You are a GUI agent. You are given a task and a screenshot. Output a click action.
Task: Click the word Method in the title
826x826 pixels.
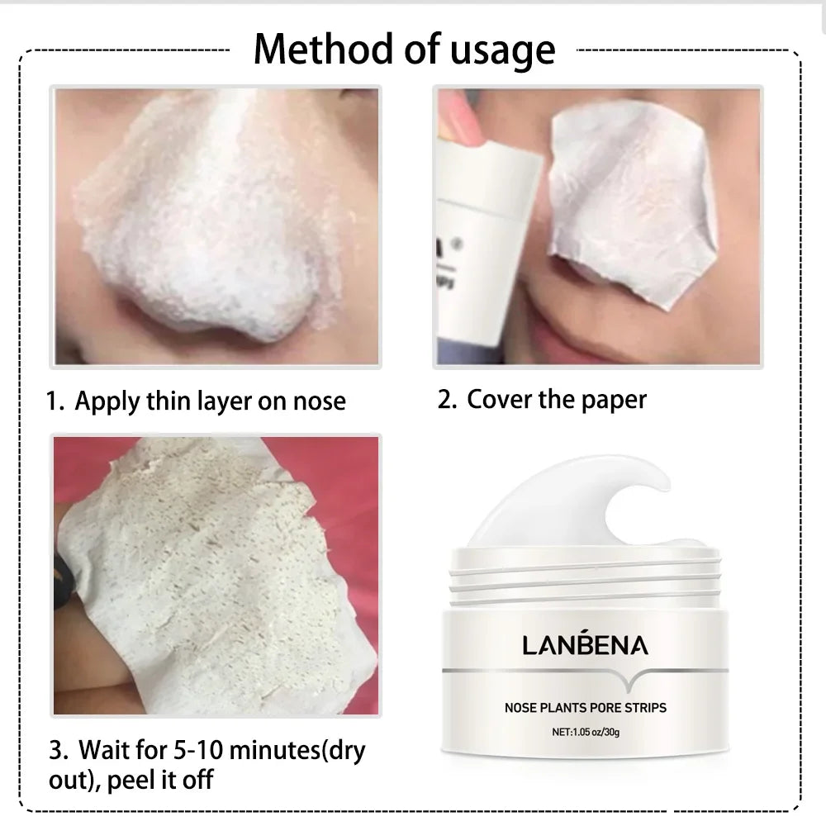[x=325, y=49]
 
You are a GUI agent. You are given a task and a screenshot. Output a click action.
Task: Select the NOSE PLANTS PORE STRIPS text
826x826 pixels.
[x=585, y=707]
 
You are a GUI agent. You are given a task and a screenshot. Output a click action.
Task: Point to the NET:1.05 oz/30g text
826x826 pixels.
[x=586, y=731]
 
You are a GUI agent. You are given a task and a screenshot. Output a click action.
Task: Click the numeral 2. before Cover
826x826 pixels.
[x=447, y=400]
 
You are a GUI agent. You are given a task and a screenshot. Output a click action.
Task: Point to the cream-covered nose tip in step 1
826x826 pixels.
[x=206, y=297]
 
